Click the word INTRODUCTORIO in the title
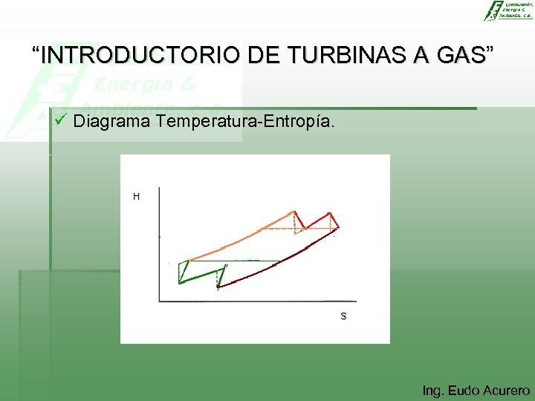[140, 55]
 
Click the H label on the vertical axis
[136, 197]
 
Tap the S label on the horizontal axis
[343, 316]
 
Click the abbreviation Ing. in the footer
[432, 391]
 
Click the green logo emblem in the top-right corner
[492, 10]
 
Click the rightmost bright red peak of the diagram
[330, 214]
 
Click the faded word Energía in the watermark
[145, 83]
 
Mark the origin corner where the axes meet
[160, 301]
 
